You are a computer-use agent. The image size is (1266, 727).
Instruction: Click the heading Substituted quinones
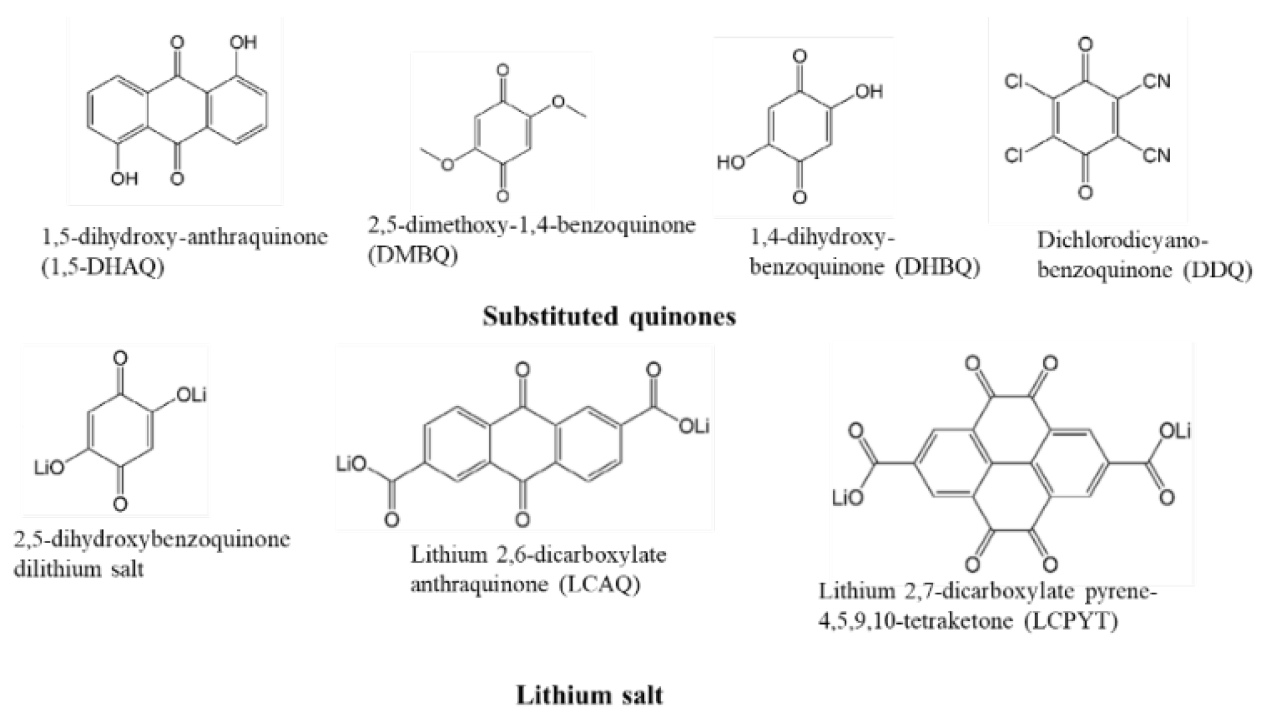[609, 317]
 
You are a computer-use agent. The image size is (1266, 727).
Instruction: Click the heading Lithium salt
[589, 695]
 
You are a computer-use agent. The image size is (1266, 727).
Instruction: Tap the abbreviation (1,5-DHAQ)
[103, 268]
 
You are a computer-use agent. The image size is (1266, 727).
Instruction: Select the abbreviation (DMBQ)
[413, 256]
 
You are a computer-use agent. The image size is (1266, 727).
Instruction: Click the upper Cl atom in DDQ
[1015, 82]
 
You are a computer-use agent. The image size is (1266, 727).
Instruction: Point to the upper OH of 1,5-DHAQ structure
[243, 42]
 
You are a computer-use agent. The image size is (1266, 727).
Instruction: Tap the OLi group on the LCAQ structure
[694, 426]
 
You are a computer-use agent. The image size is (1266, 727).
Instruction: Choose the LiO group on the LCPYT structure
[848, 497]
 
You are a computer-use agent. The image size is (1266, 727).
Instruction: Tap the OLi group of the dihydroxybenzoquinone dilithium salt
[191, 395]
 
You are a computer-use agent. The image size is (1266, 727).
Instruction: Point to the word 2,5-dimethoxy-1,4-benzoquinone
[531, 225]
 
